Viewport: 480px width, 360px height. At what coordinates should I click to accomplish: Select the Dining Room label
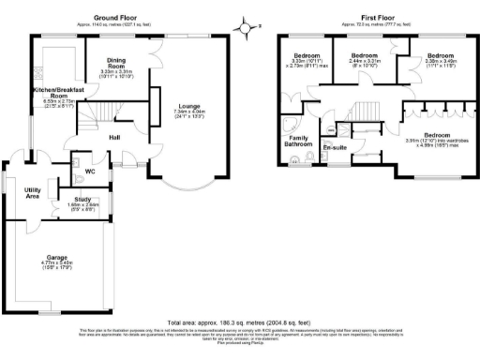coord(116,65)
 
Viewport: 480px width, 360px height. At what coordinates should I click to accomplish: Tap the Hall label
coord(114,138)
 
